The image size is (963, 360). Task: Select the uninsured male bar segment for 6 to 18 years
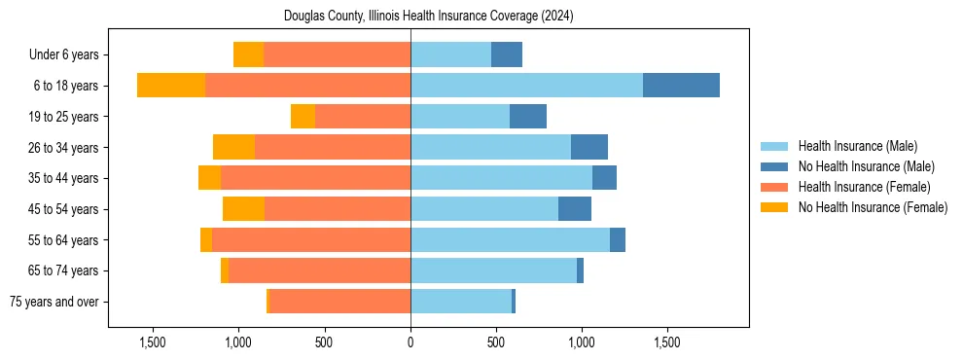(681, 86)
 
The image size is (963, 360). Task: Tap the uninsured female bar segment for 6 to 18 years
(171, 86)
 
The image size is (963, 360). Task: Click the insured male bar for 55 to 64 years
(510, 240)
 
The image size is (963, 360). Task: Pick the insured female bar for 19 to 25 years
(474, 117)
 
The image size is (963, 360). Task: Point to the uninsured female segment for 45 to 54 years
(243, 209)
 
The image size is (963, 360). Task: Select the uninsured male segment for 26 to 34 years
(589, 148)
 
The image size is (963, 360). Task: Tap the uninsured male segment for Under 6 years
(507, 55)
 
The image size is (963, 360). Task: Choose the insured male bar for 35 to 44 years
(501, 178)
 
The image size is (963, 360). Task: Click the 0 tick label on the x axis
(410, 342)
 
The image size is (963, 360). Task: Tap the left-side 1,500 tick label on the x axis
(153, 342)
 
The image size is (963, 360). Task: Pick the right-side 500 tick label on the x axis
(496, 342)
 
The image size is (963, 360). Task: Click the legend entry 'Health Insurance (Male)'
(857, 146)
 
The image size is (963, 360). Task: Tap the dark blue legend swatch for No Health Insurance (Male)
(774, 166)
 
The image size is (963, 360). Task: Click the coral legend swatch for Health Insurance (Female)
(774, 187)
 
